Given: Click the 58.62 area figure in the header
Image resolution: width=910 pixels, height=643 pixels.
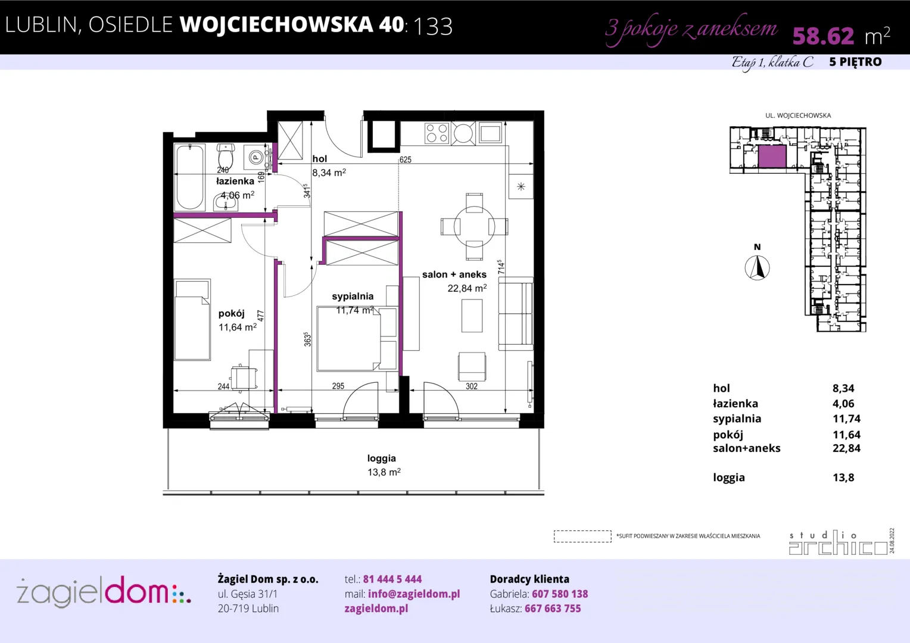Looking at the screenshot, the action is click(823, 36).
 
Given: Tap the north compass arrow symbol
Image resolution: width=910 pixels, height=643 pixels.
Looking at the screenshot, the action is click(758, 268).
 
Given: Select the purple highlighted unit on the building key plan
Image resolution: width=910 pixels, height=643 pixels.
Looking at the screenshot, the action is click(772, 157).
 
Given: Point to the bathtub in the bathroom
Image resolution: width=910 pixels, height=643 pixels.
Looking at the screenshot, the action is click(189, 177).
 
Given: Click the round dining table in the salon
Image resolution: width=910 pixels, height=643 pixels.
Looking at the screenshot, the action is click(474, 227).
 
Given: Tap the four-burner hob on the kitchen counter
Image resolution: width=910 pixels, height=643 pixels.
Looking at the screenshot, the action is click(437, 133).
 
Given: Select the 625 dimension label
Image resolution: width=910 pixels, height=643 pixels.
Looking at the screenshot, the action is click(405, 160).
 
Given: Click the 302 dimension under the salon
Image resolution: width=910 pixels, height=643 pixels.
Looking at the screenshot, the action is click(471, 386).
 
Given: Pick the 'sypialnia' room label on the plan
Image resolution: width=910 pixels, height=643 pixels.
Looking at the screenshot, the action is click(353, 296).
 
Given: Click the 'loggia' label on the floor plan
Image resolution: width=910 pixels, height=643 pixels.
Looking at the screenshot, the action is click(382, 458).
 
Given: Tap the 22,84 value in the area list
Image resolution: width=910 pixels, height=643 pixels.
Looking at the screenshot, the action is click(847, 448).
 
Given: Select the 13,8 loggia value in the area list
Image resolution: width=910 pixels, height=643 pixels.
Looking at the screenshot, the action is click(843, 477).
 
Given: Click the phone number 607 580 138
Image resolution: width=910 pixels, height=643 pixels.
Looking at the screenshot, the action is click(560, 594).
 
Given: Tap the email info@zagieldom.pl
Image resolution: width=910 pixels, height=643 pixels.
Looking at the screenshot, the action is click(414, 594).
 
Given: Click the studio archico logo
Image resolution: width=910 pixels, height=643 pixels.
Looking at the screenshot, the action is click(838, 542).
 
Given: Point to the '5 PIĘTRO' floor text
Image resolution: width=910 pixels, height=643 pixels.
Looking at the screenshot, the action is click(856, 62).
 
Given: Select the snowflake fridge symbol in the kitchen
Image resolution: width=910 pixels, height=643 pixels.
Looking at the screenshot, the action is click(521, 186).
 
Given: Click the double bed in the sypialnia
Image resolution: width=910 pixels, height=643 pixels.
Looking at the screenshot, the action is click(348, 339).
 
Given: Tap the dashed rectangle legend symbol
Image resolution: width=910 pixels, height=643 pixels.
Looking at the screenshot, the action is click(582, 536).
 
